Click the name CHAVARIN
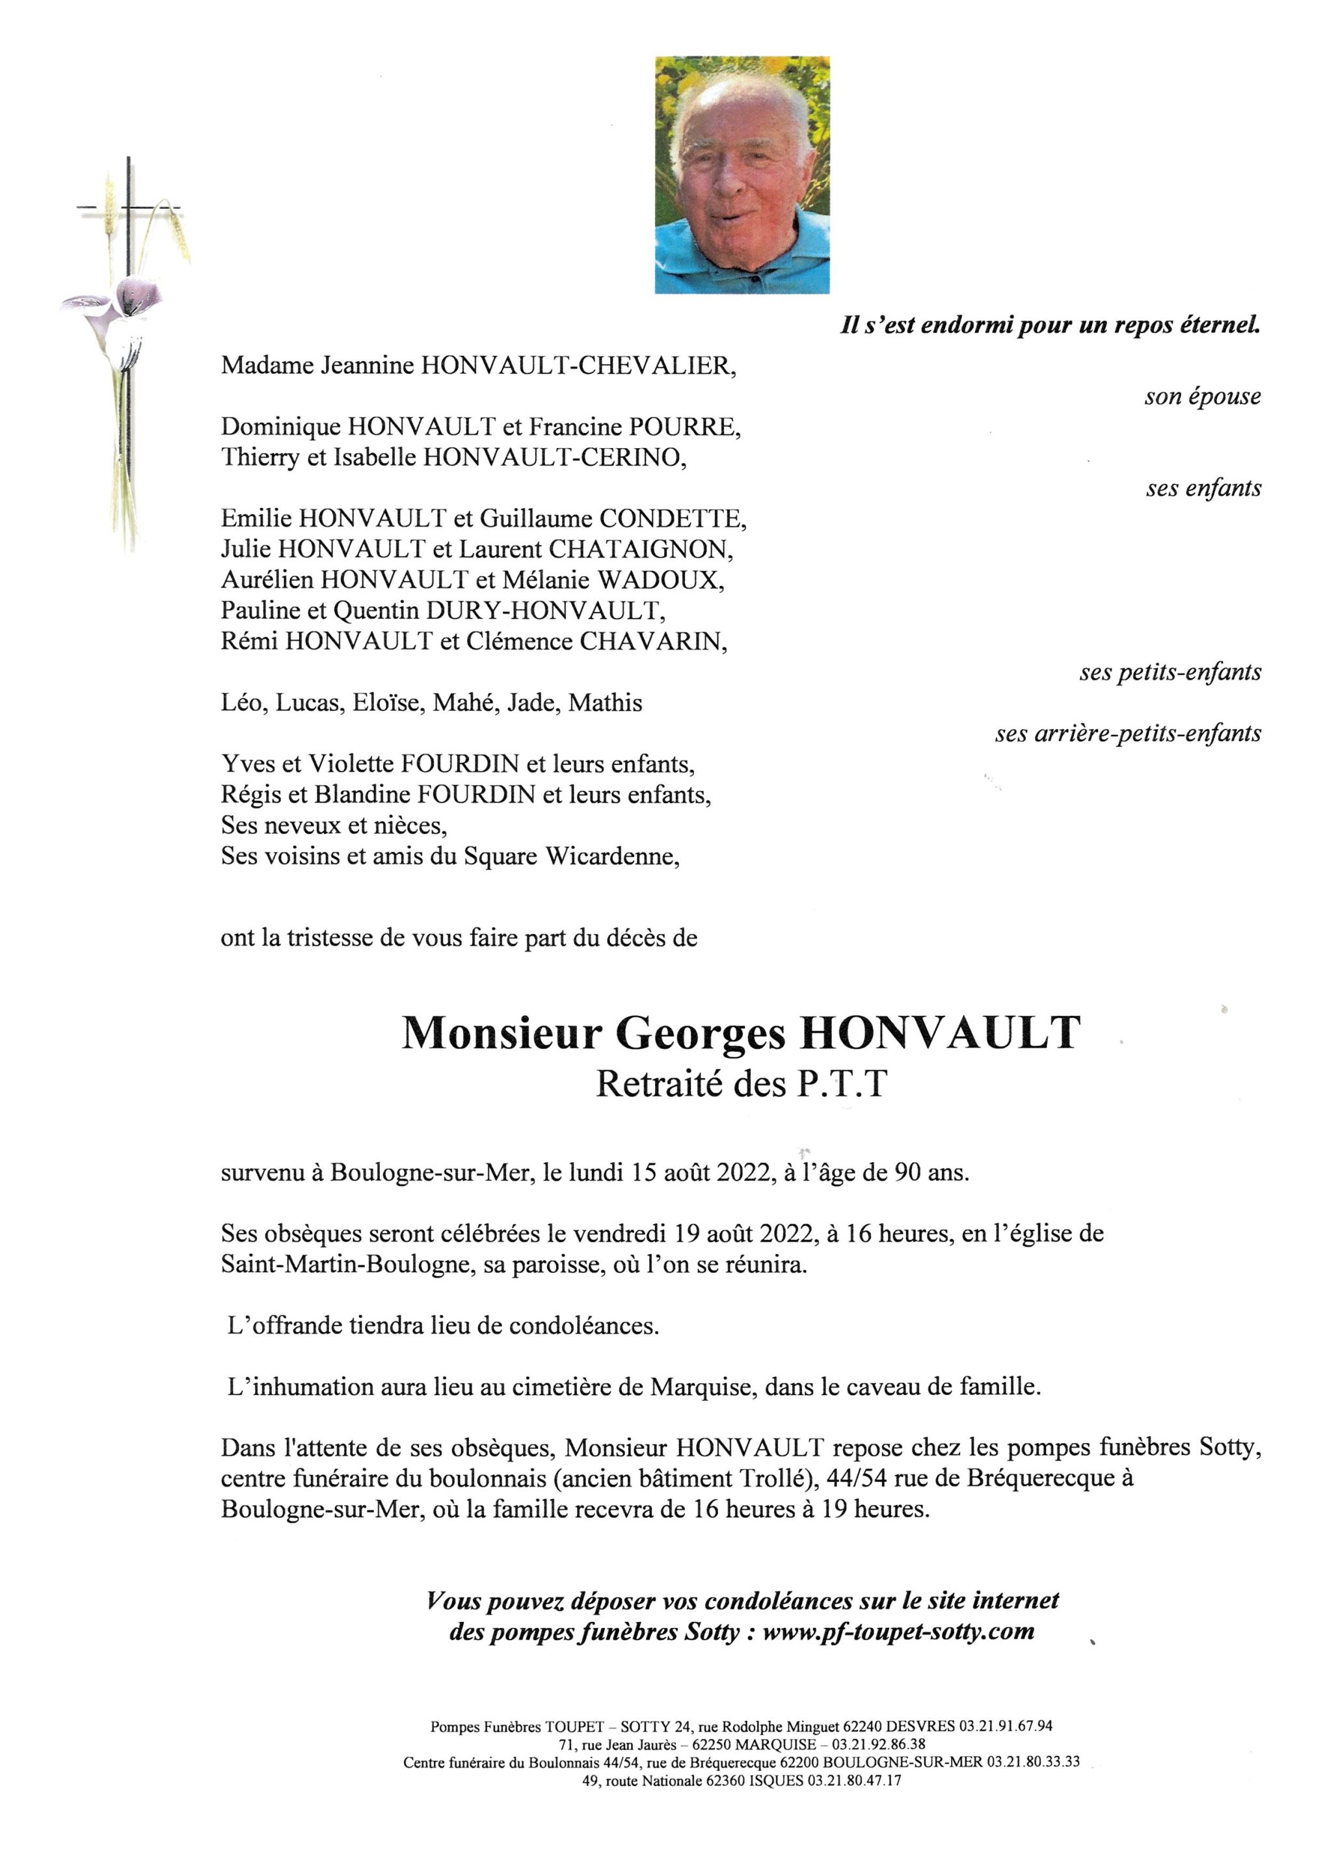pyautogui.click(x=652, y=641)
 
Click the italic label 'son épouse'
pyautogui.click(x=1202, y=397)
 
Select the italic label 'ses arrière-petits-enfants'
pyautogui.click(x=1127, y=734)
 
